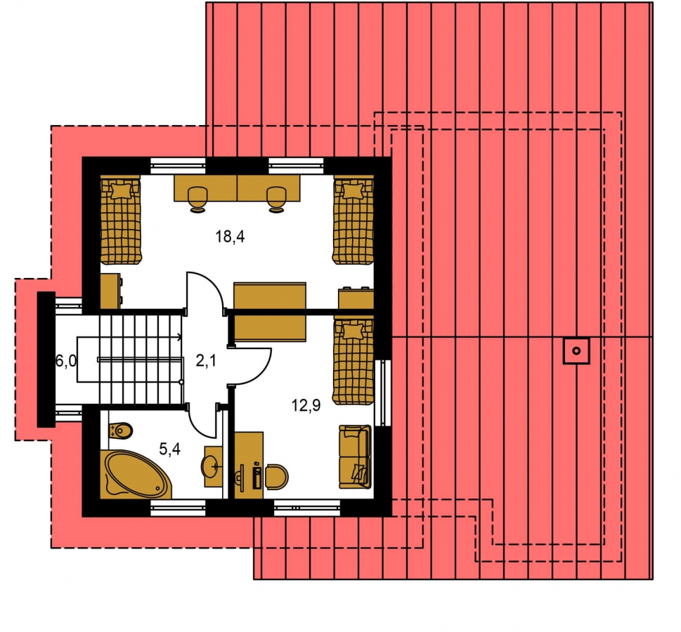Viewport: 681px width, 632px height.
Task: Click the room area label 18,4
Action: coord(231,237)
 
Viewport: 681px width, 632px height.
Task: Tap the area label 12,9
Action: coord(306,405)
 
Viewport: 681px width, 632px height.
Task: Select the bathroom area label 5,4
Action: coord(169,449)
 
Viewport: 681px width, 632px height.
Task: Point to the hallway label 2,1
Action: coord(206,360)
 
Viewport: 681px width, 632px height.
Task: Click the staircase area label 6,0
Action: coord(66,360)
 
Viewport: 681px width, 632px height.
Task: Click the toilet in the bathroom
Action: coord(120,430)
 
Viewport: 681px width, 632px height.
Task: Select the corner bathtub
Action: coord(136,475)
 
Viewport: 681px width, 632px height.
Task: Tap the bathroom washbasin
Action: coord(212,466)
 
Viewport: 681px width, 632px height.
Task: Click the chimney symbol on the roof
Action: coord(576,350)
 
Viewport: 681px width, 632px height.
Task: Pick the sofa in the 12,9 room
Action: coord(355,456)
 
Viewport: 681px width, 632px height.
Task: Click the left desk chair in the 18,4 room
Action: coord(198,199)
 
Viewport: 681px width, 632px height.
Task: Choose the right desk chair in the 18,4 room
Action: coord(276,199)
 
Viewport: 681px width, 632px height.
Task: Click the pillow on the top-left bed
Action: coord(121,190)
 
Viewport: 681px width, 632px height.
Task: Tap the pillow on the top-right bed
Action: coord(353,190)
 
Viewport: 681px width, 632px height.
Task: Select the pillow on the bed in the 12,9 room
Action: coord(353,331)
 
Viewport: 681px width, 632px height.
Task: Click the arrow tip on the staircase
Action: coord(181,336)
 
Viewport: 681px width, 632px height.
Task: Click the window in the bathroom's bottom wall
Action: coord(178,508)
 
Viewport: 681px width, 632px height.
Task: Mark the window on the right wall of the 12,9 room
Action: coord(382,393)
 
